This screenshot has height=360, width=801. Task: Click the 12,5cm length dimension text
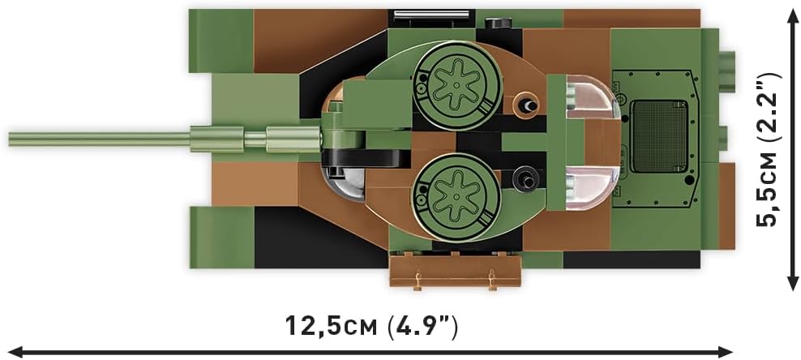point(371,326)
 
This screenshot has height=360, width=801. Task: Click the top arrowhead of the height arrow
point(793,16)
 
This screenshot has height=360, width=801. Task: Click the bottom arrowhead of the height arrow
point(793,282)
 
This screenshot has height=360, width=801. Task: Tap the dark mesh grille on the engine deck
point(658,136)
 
